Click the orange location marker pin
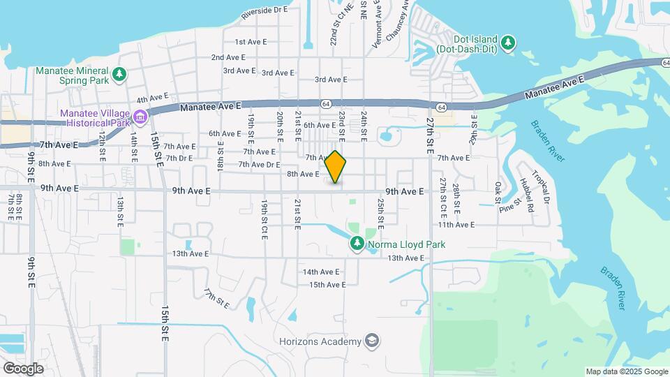click(336, 168)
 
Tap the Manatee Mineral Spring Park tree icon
click(119, 73)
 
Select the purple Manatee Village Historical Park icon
click(140, 116)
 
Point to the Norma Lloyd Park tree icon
click(357, 244)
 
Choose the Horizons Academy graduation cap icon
click(373, 341)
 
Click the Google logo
click(23, 368)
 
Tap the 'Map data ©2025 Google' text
click(626, 371)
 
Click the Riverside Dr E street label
click(265, 11)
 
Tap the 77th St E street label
click(217, 298)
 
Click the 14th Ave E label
click(321, 272)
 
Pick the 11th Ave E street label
click(456, 225)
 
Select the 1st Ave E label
click(251, 42)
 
